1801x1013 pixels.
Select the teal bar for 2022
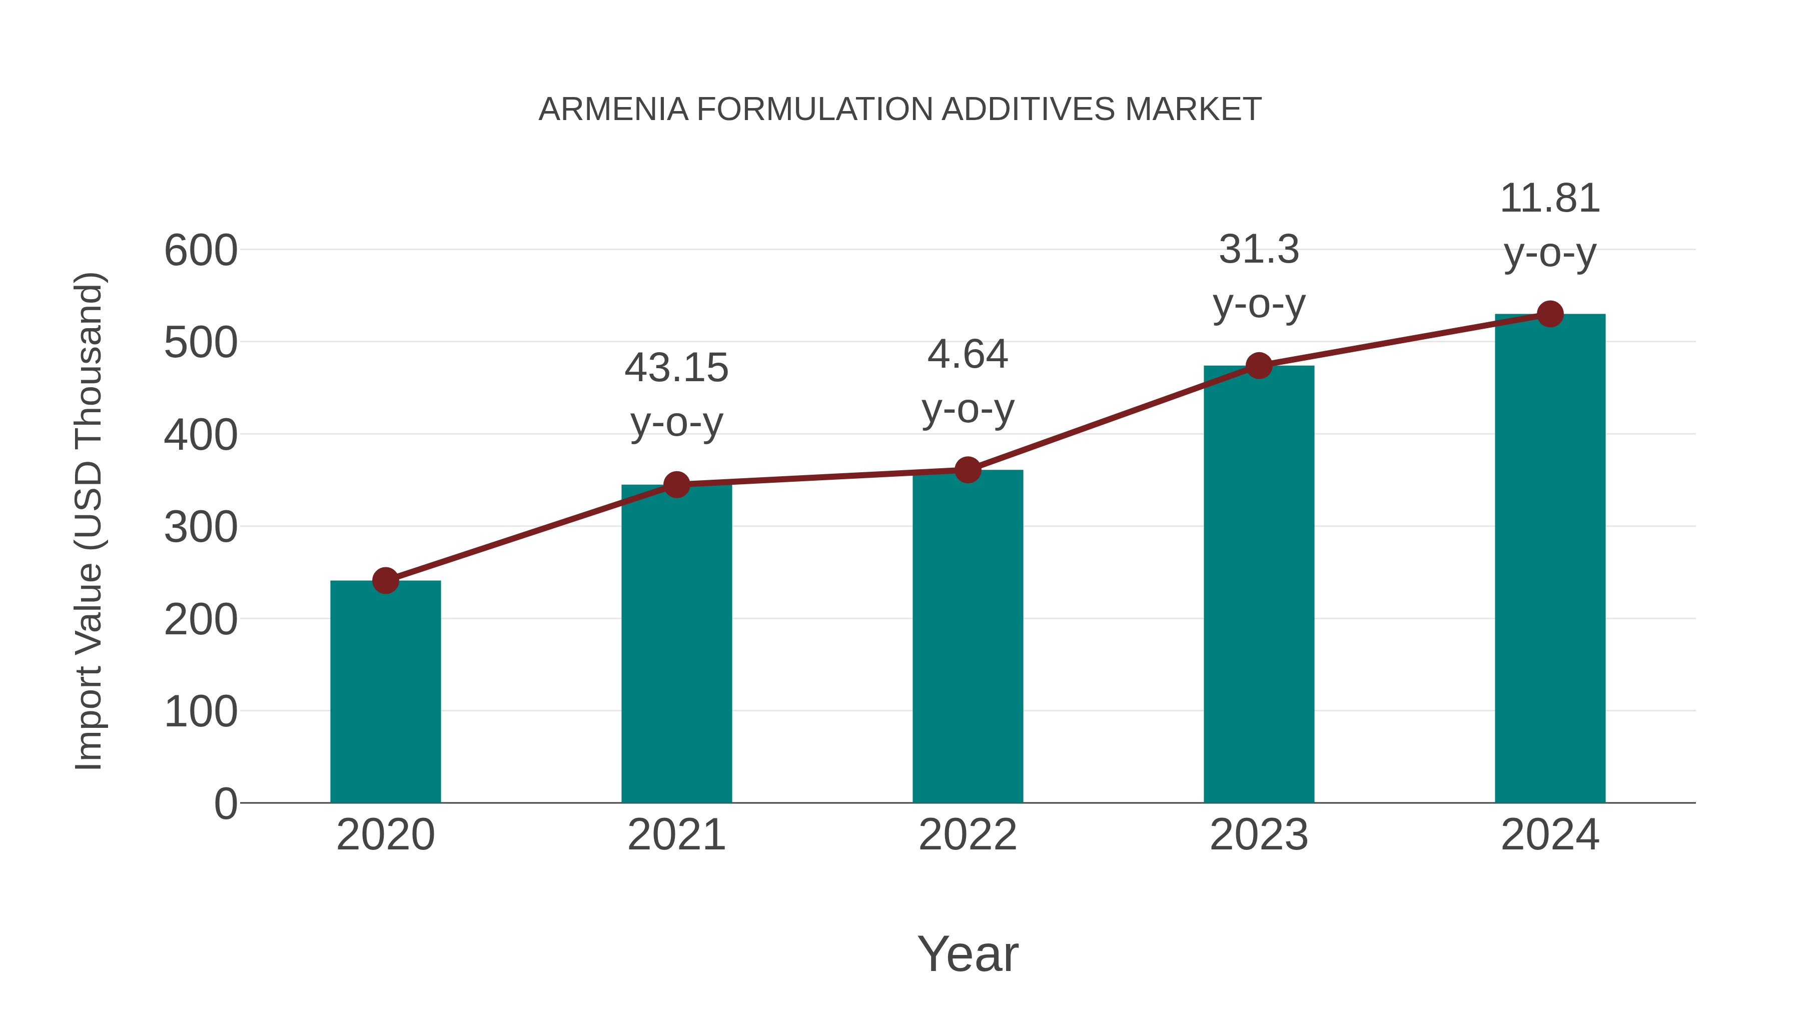968,636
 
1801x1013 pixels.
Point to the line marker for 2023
1259,366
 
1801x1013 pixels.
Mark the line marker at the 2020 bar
385,580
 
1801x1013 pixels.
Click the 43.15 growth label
676,368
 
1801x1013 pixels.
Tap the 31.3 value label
1259,250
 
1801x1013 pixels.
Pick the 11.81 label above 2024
1550,199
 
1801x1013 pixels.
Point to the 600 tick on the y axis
201,251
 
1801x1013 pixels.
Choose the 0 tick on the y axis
225,804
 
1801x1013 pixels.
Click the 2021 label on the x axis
676,835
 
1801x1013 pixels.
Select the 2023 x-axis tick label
1259,835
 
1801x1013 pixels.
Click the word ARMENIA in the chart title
613,110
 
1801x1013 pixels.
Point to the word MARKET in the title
1193,110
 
